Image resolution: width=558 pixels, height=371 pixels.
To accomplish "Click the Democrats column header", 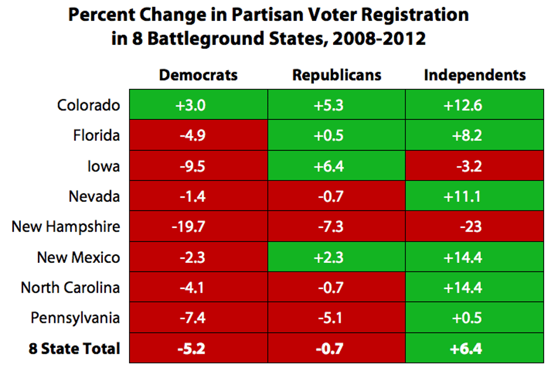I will click(198, 75).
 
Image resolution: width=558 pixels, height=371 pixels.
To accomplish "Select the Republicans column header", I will click(337, 75).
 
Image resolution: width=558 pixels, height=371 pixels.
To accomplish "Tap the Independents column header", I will click(474, 75).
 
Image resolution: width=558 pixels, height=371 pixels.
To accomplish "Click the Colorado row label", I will click(88, 105).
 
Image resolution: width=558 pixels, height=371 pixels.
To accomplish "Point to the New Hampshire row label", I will click(66, 226).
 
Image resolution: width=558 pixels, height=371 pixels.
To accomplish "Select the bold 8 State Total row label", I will click(74, 348).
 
